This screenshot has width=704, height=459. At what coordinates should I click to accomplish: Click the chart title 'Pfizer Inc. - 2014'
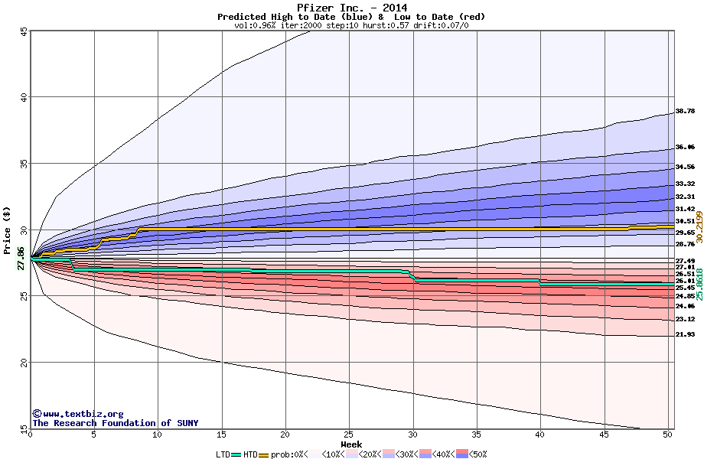tap(351, 8)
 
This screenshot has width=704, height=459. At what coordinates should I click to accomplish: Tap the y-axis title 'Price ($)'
tap(8, 229)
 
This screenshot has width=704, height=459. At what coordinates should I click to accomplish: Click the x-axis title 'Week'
tap(351, 444)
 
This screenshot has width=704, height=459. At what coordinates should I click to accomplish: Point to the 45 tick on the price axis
tap(24, 31)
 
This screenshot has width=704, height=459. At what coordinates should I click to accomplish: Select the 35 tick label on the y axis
tap(24, 164)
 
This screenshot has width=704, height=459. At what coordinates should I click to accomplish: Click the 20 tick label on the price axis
tap(24, 363)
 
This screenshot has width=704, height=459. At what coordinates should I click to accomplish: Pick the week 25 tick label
tap(349, 435)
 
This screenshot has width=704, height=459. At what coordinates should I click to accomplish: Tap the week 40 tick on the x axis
tap(540, 435)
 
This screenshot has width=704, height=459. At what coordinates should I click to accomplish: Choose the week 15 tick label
tap(221, 435)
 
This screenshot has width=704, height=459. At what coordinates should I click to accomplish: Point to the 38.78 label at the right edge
tap(685, 111)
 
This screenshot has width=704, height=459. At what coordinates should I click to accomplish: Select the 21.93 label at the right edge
tap(685, 334)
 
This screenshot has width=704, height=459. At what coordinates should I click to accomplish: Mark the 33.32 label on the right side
tap(685, 184)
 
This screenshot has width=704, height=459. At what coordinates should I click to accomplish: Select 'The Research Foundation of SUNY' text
tap(112, 423)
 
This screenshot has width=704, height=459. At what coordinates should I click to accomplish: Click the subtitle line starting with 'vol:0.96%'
tap(351, 25)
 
